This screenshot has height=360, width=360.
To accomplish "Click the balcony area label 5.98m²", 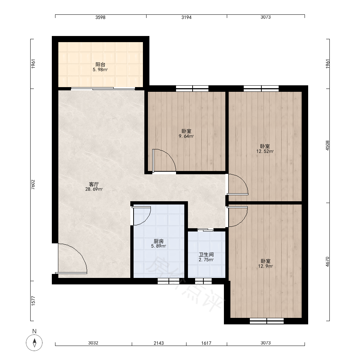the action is pos(100,69).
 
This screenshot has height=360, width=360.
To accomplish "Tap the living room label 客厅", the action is pos(94,184).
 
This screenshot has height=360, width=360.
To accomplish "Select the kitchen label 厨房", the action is pos(159,241).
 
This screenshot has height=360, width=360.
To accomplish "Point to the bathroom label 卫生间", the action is pos(206,255).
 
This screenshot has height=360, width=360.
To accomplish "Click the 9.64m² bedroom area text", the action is pos(186,136).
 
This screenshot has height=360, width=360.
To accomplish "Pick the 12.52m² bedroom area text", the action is pos(265,151).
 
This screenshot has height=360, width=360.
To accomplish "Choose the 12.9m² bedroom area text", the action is pos(265,266).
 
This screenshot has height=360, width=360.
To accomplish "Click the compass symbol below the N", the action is pos(34,343).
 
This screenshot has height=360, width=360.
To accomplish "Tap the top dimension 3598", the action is pos(100,17).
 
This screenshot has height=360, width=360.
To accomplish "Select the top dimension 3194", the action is pos(186,17).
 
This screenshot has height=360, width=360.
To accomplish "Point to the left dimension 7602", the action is pos(33,184).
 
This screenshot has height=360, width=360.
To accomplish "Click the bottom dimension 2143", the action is pos(159,343).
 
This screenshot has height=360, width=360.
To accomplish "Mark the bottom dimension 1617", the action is pos(206,343).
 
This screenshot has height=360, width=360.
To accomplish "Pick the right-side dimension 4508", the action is pos(327,145).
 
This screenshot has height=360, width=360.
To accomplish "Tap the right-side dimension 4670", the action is pos(327,261).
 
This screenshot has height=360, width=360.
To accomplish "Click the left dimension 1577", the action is pos(33,301).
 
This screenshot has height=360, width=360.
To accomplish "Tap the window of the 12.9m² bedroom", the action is pos(266,321).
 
